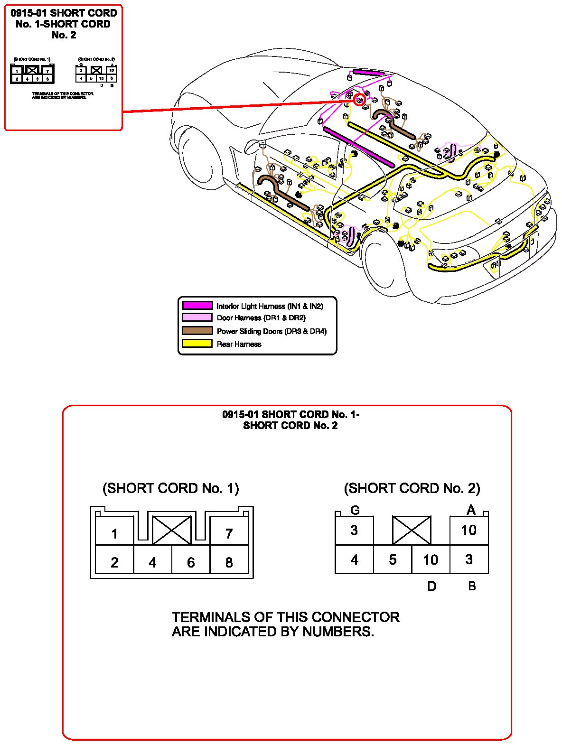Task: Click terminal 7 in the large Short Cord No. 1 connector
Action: tap(229, 533)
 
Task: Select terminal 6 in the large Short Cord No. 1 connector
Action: tap(191, 562)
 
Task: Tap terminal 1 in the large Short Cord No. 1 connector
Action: tap(114, 534)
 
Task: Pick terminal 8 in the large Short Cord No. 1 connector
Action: tap(229, 562)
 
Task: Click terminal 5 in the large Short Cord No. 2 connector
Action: tap(393, 559)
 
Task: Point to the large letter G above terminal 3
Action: tap(355, 510)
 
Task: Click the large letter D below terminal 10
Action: tap(431, 587)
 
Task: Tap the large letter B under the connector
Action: tap(472, 586)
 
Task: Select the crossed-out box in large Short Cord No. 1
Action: tap(172, 530)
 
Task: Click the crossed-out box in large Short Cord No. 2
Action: tap(412, 530)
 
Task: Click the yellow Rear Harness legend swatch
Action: tap(197, 344)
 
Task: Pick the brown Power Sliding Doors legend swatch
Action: tap(197, 331)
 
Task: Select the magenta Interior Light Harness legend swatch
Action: tap(197, 306)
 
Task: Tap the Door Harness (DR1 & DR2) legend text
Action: tap(261, 318)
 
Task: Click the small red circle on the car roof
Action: tap(360, 100)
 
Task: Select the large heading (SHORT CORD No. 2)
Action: tap(412, 488)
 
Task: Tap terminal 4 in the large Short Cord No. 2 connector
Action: tap(355, 559)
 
